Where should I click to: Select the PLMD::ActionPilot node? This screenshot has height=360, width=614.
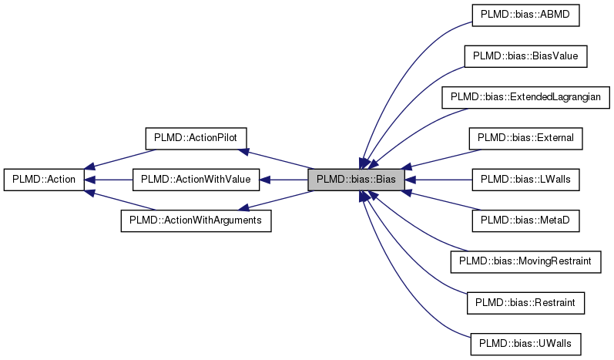tap(196, 138)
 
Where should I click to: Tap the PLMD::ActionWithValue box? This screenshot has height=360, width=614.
tap(196, 180)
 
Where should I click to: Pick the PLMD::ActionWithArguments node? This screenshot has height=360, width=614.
tap(196, 221)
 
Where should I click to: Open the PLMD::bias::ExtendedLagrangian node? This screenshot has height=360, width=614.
tap(525, 97)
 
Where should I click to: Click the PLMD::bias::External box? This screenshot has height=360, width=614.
tap(525, 138)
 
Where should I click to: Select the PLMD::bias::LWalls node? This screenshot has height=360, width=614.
tap(525, 180)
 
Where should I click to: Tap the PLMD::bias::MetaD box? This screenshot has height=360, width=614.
tap(525, 221)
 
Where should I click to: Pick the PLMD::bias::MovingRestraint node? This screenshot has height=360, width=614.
tap(525, 262)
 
